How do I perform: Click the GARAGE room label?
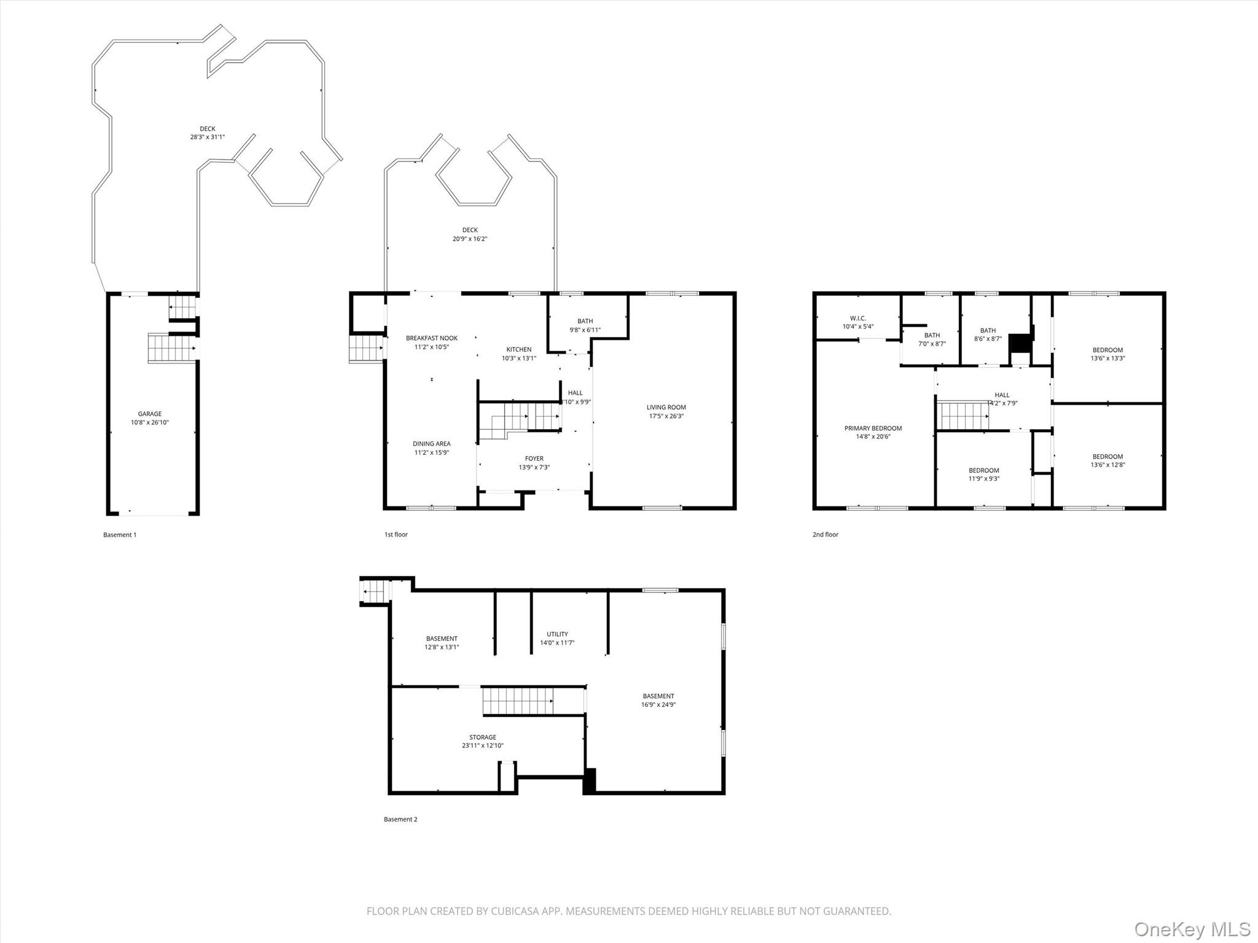point(149,414)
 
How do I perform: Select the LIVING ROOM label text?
point(666,407)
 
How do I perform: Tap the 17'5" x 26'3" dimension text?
point(666,416)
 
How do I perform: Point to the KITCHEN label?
point(518,349)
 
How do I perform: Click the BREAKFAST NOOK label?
point(431,338)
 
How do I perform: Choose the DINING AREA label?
point(431,444)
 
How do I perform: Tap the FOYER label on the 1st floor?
point(534,459)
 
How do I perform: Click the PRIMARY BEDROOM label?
point(873,429)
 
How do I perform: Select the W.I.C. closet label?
point(858,318)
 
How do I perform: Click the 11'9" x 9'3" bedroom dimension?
point(983,479)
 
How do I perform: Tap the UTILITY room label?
point(557,634)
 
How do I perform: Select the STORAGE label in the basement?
point(482,737)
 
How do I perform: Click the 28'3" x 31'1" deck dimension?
point(207,138)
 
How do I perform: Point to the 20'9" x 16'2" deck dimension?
point(469,239)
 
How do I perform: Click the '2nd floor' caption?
point(825,535)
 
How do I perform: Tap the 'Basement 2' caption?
point(400,819)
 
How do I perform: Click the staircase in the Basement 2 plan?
point(517,701)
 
